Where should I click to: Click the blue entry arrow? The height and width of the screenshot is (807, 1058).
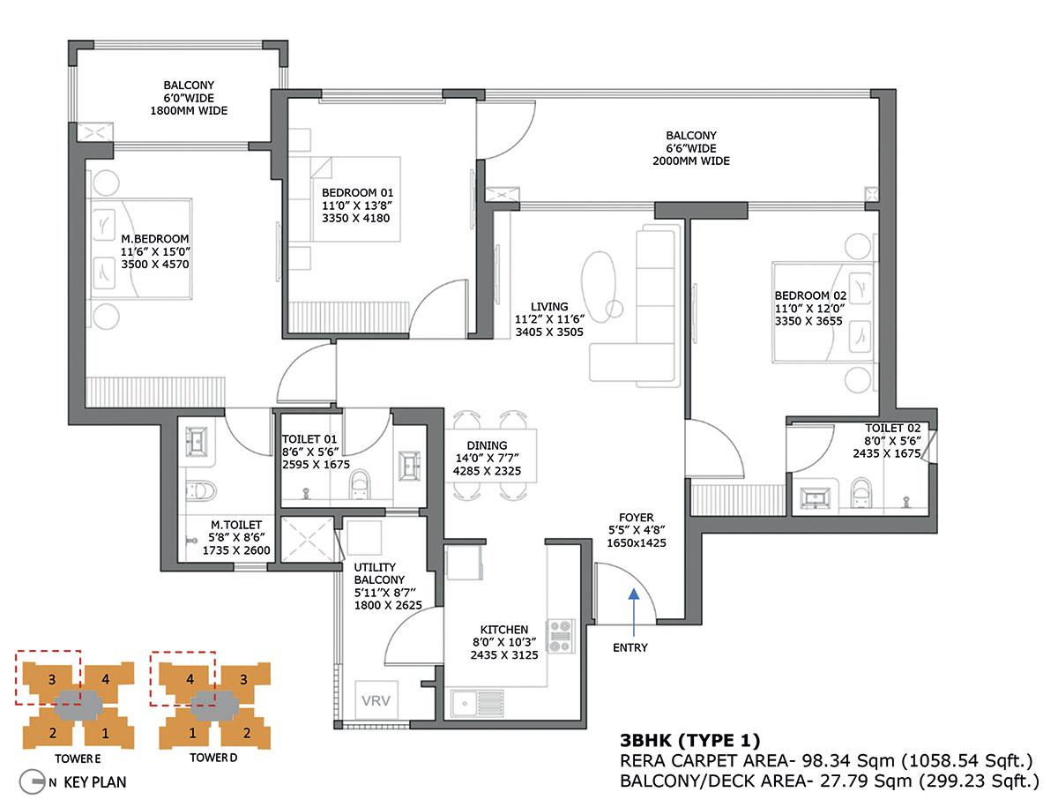click(x=633, y=608)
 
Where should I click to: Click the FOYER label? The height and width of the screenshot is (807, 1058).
click(x=636, y=517)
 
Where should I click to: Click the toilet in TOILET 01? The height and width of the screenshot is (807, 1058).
click(x=360, y=484)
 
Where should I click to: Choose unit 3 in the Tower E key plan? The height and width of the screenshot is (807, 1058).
click(x=53, y=680)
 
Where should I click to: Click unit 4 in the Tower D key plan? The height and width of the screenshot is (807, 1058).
click(x=189, y=680)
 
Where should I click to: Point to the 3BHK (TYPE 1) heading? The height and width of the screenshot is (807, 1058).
click(x=689, y=740)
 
